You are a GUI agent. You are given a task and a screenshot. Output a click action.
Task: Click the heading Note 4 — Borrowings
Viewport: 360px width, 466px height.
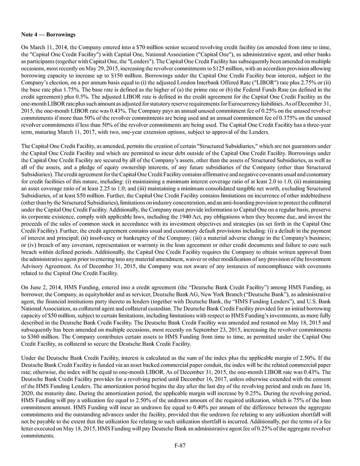point(48,34)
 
